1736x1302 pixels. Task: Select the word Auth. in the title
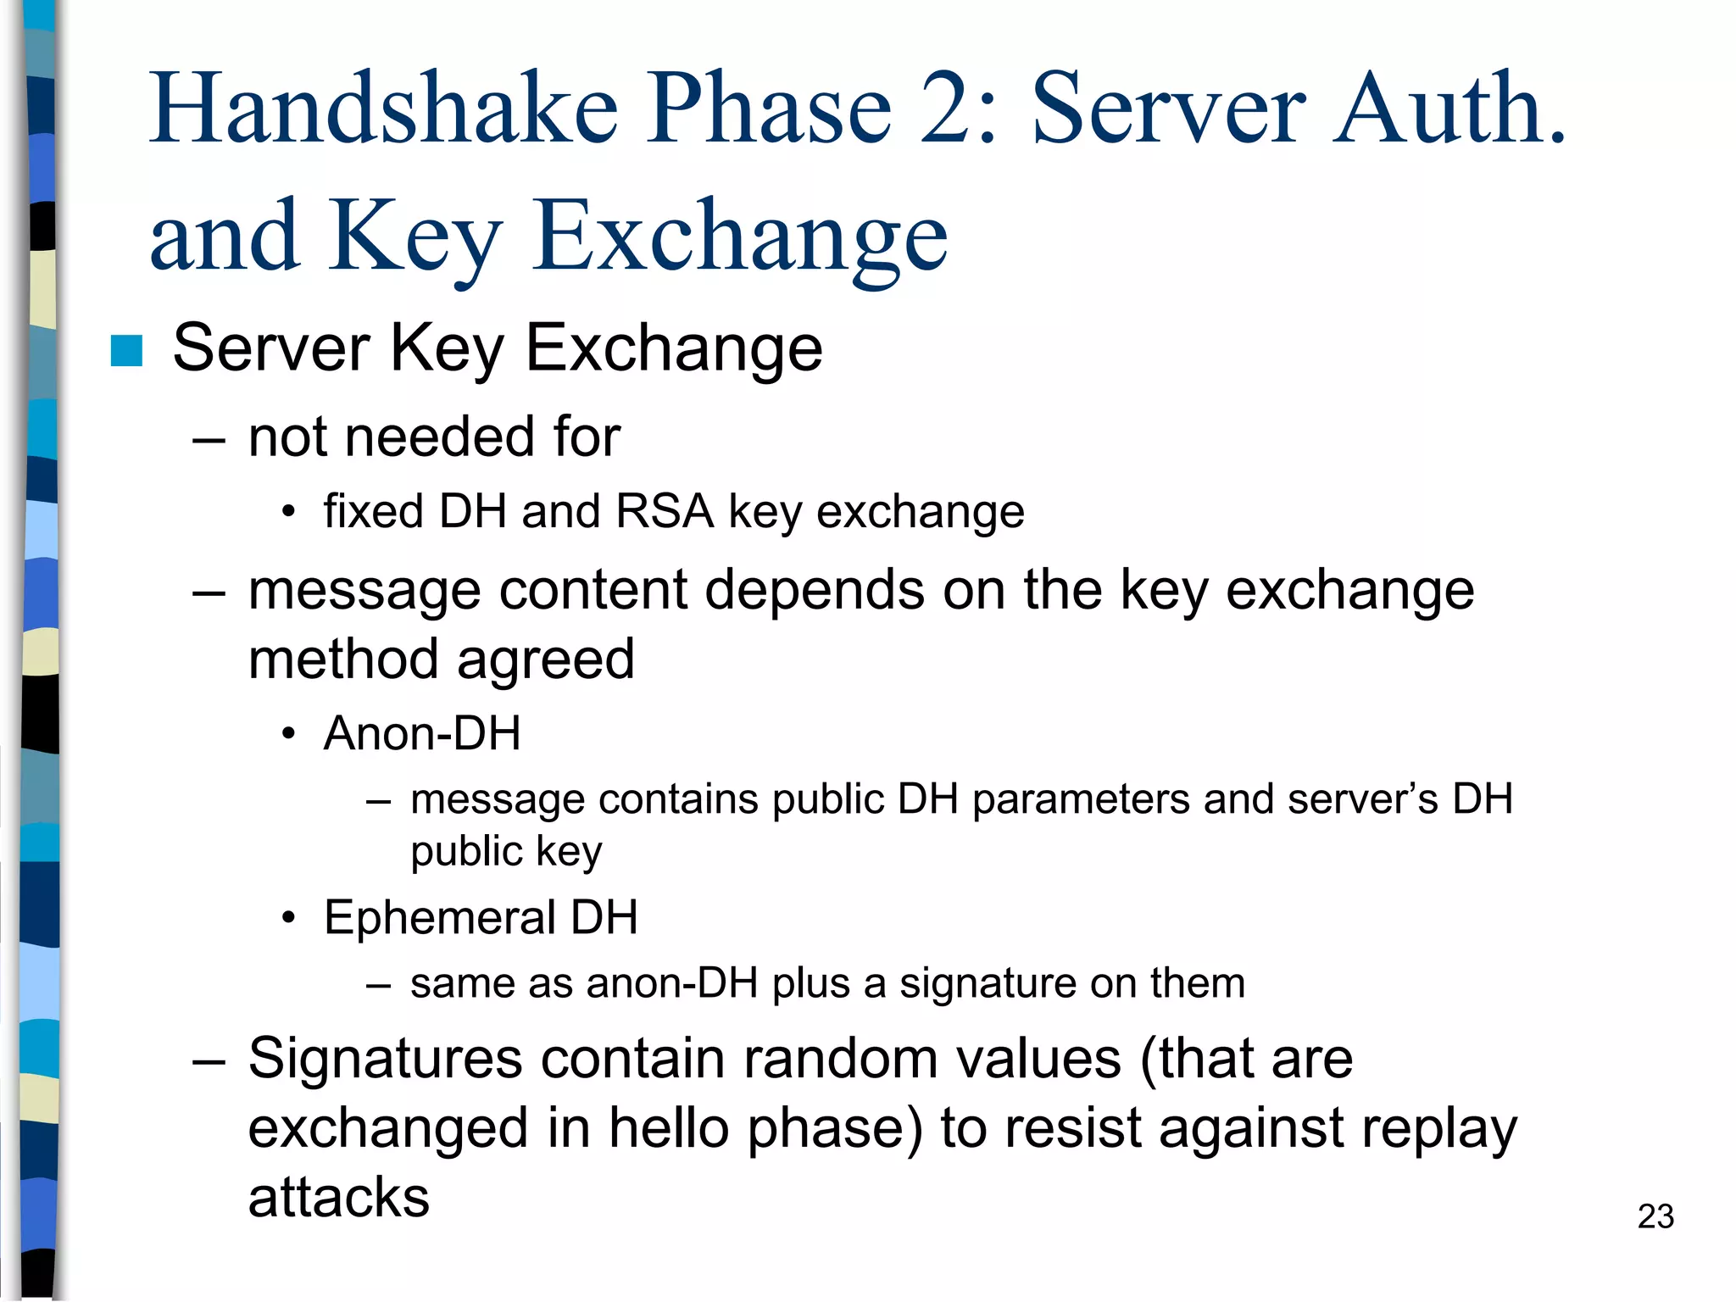1449,108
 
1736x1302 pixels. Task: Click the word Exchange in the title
739,237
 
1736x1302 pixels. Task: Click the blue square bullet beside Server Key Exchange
126,351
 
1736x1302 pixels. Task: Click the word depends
815,590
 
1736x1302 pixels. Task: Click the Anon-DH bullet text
421,734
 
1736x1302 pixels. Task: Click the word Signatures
385,1060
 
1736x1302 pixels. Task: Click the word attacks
338,1199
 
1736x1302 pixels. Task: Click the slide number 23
1655,1216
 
